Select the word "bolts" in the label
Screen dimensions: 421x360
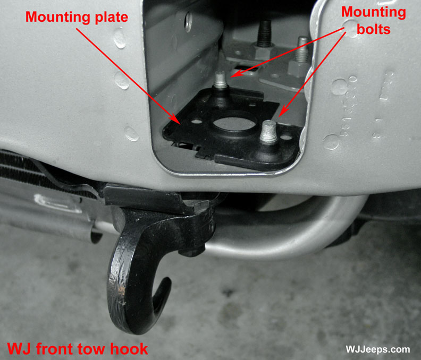click(x=374, y=29)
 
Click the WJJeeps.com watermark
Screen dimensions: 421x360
click(x=377, y=349)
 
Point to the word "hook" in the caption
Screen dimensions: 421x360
click(x=129, y=349)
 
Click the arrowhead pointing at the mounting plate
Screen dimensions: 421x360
click(x=176, y=119)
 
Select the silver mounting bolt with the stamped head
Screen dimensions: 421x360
click(x=268, y=132)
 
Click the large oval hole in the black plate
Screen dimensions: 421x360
click(x=234, y=123)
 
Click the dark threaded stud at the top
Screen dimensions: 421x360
click(x=264, y=33)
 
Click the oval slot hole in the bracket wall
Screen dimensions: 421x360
click(x=188, y=22)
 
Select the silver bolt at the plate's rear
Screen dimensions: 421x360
click(x=221, y=80)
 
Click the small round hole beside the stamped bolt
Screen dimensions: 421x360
click(x=286, y=138)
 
